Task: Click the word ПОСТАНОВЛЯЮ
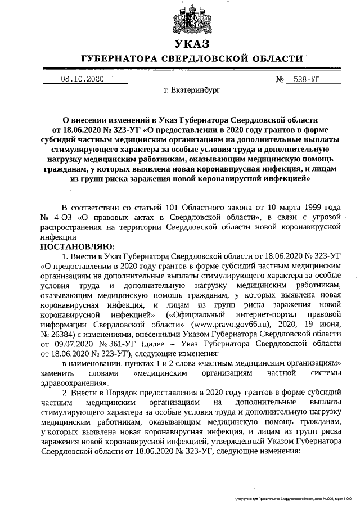(77, 246)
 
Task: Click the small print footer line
(292, 498)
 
